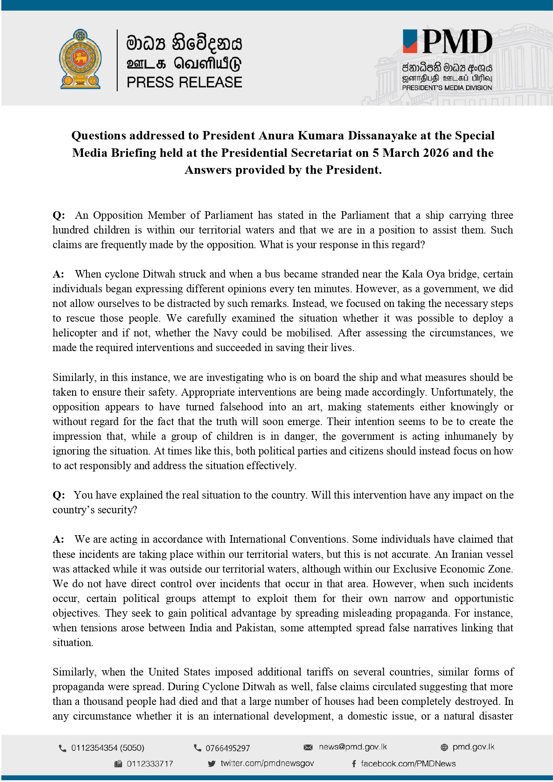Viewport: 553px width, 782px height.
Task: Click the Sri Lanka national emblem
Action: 80,59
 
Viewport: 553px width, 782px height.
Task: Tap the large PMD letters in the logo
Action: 457,42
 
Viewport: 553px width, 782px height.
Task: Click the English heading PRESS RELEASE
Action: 184,82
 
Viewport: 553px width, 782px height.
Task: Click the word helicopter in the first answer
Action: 75,333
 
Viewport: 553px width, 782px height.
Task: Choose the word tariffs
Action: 320,672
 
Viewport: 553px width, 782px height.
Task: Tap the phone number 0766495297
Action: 227,748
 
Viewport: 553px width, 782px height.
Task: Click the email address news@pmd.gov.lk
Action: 352,747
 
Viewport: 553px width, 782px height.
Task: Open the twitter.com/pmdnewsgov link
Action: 267,763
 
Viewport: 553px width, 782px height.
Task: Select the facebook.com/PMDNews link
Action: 408,764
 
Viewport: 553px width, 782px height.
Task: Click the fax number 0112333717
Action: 150,764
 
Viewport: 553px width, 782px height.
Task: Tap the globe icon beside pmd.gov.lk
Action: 444,747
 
